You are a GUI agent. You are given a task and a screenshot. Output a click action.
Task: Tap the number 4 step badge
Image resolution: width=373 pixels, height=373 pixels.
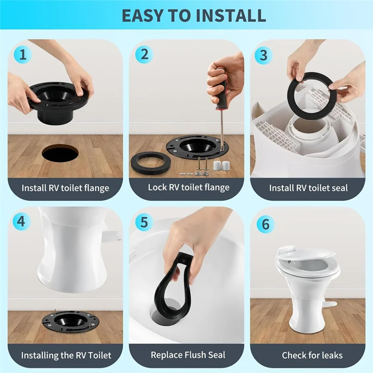click(x=21, y=221)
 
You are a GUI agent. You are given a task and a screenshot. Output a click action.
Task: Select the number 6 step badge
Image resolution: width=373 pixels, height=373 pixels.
click(x=265, y=224)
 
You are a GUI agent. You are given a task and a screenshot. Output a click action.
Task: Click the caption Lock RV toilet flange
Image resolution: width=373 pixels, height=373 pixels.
click(x=188, y=187)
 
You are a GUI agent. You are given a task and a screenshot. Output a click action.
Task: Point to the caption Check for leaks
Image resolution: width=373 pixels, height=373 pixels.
click(x=312, y=355)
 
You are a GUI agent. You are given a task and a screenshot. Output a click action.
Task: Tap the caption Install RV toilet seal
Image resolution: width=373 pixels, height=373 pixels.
click(x=308, y=188)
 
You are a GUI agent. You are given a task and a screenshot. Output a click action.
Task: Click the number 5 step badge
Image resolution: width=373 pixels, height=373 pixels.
click(x=144, y=221)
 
